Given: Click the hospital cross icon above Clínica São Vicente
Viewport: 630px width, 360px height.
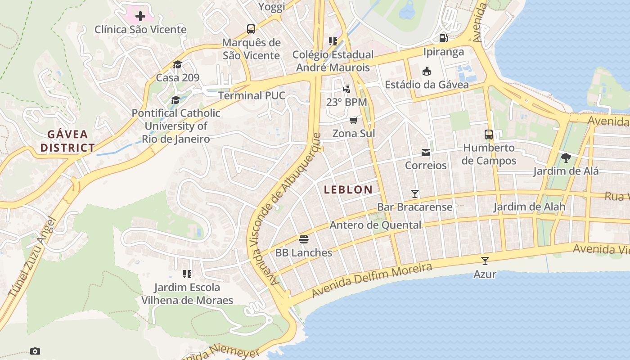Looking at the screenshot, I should tap(140, 17).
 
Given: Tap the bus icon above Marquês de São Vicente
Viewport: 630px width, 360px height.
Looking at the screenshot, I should tap(251, 29).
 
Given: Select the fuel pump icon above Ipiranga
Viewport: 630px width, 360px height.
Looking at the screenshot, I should tap(443, 38).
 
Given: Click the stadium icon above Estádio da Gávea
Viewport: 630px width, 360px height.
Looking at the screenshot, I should tap(426, 71).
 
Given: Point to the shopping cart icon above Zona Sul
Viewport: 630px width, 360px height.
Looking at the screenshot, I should tap(354, 120).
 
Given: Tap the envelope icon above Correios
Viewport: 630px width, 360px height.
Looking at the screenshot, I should tap(426, 152).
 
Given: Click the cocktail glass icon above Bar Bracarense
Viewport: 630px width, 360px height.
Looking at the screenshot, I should tap(415, 194).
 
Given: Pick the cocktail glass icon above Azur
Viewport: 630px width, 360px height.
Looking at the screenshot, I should tap(485, 261).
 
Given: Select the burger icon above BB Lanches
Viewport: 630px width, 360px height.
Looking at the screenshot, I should tap(304, 239).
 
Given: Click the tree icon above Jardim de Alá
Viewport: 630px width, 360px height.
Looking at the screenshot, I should tap(566, 157).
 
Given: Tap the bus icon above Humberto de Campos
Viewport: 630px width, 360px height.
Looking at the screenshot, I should tap(489, 134).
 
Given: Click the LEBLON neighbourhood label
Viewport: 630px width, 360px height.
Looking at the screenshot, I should tap(348, 189).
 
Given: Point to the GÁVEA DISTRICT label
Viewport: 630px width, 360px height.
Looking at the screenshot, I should tap(68, 141).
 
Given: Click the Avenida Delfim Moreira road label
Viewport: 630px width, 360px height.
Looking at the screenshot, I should tap(372, 279).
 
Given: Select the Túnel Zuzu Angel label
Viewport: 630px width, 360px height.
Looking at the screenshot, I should tap(31, 256).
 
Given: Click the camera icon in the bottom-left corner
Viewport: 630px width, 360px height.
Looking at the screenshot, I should tap(35, 351).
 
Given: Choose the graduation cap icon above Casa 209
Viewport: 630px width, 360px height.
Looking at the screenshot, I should tap(177, 64).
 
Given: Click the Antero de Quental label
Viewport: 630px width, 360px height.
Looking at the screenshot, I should tap(375, 225).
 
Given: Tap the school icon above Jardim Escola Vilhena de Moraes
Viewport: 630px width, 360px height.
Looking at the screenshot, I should tap(187, 274).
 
